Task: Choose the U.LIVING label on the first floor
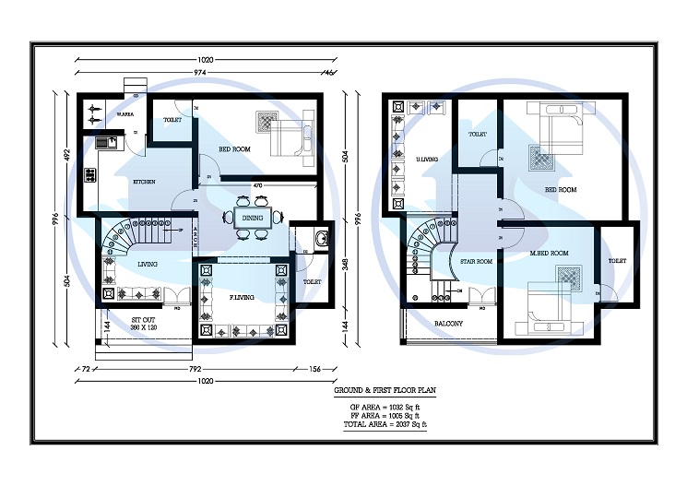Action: pyautogui.click(x=426, y=159)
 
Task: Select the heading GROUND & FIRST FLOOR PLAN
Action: pyautogui.click(x=384, y=391)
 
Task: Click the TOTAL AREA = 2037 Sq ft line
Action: pyautogui.click(x=384, y=424)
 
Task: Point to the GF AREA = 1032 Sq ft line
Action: pyautogui.click(x=384, y=407)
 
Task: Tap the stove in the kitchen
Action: pyautogui.click(x=90, y=175)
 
